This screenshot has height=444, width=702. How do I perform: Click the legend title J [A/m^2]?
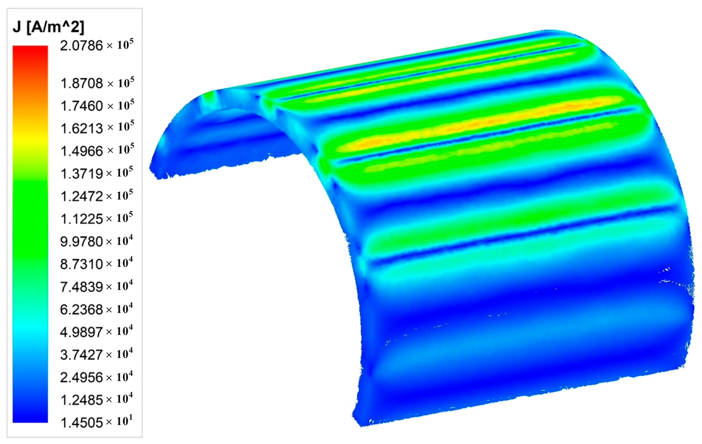[x=48, y=27]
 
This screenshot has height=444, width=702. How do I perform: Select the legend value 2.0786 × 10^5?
[x=97, y=45]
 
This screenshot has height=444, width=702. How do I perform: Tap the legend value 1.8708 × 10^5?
[x=97, y=83]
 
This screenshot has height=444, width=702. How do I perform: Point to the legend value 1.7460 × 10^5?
[x=97, y=106]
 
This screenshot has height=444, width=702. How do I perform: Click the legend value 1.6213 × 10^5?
[x=97, y=128]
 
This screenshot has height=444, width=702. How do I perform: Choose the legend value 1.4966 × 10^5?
[x=97, y=150]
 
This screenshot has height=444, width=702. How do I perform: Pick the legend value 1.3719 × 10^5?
[x=97, y=173]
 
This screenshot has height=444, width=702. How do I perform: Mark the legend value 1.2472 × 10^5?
[x=97, y=196]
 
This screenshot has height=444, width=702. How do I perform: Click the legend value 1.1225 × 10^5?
[x=97, y=219]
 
